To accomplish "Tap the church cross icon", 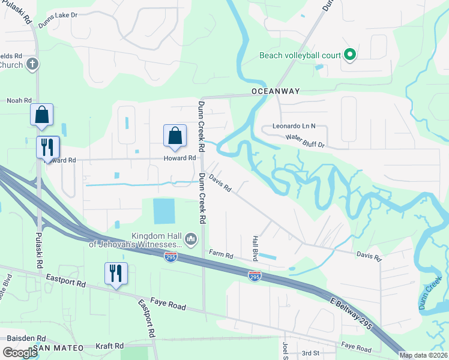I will point(32,64).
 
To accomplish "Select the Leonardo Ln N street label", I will point(294,127).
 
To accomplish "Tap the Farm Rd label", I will point(220,254).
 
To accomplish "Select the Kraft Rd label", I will point(110,346).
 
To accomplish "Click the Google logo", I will point(20,353).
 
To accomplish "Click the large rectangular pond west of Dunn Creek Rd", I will point(164,211).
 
